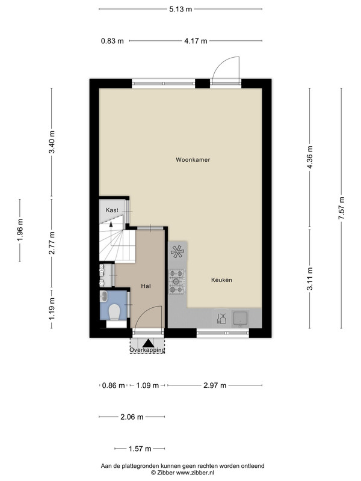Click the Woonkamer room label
coord(193,159)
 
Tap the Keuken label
coord(221,280)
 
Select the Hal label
coord(146,286)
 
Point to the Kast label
coord(112,210)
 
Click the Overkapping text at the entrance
coord(147,350)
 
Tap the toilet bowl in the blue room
coord(114,312)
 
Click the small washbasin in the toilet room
coord(103,296)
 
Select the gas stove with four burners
coord(176,281)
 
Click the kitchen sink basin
coord(241,319)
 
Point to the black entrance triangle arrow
coord(147,343)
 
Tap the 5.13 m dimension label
coord(180,9)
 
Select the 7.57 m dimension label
coord(341,208)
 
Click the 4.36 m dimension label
coord(310,157)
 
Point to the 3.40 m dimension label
coord(52,142)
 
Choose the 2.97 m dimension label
coord(215,385)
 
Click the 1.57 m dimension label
coord(140,449)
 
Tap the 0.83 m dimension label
coord(113,41)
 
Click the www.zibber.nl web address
coord(195,473)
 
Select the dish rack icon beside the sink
coord(221,318)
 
